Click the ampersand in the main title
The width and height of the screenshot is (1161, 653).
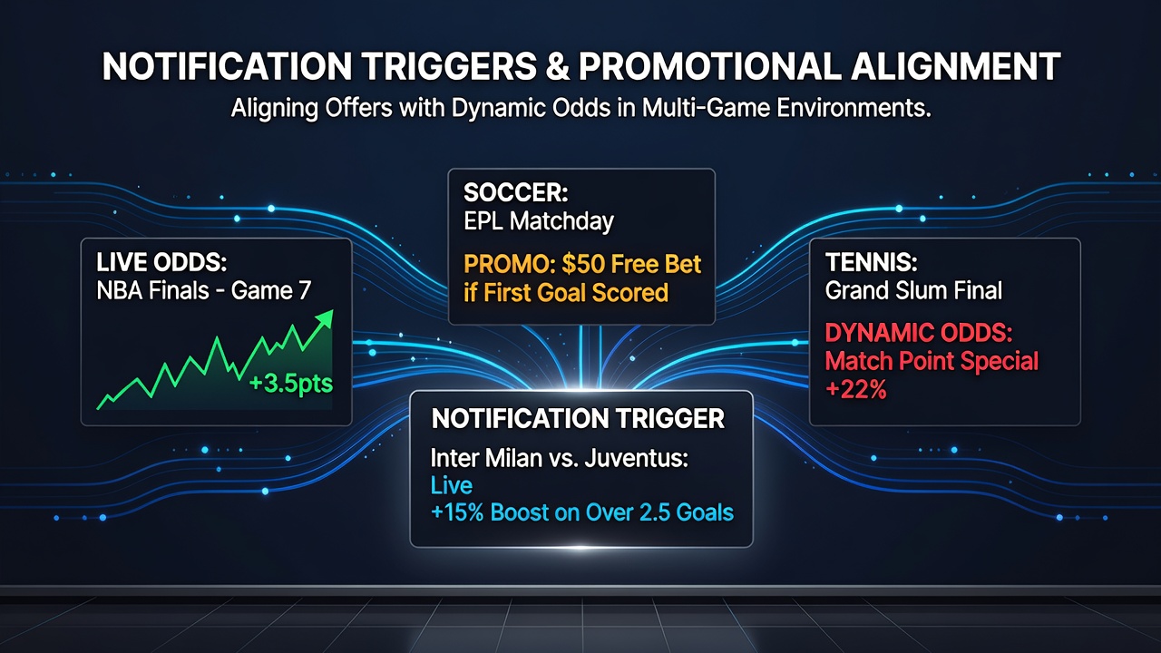click(x=558, y=67)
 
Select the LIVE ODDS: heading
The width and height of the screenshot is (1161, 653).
click(x=161, y=262)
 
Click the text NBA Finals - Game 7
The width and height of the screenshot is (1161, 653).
click(x=204, y=291)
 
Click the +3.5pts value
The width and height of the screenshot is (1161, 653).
click(x=291, y=385)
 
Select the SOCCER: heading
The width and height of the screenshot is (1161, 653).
click(x=516, y=193)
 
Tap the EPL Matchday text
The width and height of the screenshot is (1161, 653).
click(x=539, y=222)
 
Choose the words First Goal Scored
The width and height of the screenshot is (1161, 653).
click(x=576, y=293)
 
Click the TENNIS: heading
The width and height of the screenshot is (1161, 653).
click(x=872, y=262)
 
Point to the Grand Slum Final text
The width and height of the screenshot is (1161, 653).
click(x=913, y=291)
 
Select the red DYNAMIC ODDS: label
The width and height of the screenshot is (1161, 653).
click(x=919, y=333)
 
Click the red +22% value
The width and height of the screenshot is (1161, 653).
click(x=855, y=390)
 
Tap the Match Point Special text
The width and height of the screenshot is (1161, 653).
click(x=932, y=361)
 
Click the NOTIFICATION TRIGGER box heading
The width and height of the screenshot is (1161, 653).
click(x=578, y=419)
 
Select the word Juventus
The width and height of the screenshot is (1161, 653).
click(x=637, y=458)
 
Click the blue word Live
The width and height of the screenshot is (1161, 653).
click(x=452, y=485)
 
